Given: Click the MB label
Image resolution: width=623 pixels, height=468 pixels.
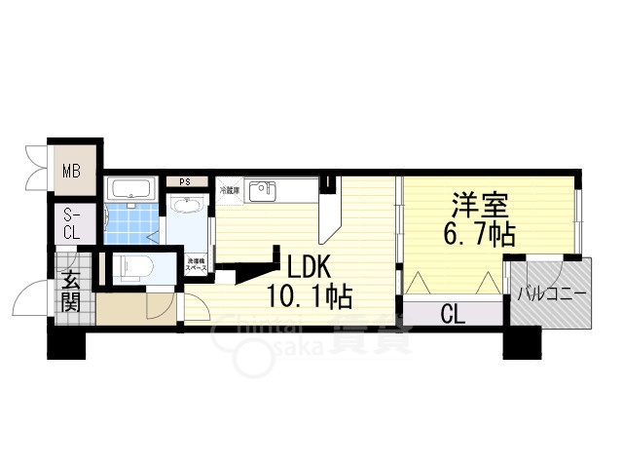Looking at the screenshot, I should click(71, 173).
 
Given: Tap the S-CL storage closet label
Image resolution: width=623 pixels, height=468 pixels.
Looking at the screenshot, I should click(72, 224).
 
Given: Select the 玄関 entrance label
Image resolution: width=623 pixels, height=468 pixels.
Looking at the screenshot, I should click(72, 290).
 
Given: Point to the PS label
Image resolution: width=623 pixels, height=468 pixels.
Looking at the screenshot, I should click(184, 181).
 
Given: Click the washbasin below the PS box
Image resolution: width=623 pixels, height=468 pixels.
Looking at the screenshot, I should click(184, 207).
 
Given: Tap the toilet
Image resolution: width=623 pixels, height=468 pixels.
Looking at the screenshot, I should click(131, 266).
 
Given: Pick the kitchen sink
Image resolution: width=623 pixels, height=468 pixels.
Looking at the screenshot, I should click(263, 191).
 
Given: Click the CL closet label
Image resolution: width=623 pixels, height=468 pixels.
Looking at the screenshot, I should click(452, 314).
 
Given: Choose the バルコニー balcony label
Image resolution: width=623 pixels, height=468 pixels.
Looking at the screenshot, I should click(550, 292).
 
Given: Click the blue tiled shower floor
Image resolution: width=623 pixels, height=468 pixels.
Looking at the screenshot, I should click(131, 223).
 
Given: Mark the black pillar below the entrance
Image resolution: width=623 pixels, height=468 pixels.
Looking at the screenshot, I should click(67, 342).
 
